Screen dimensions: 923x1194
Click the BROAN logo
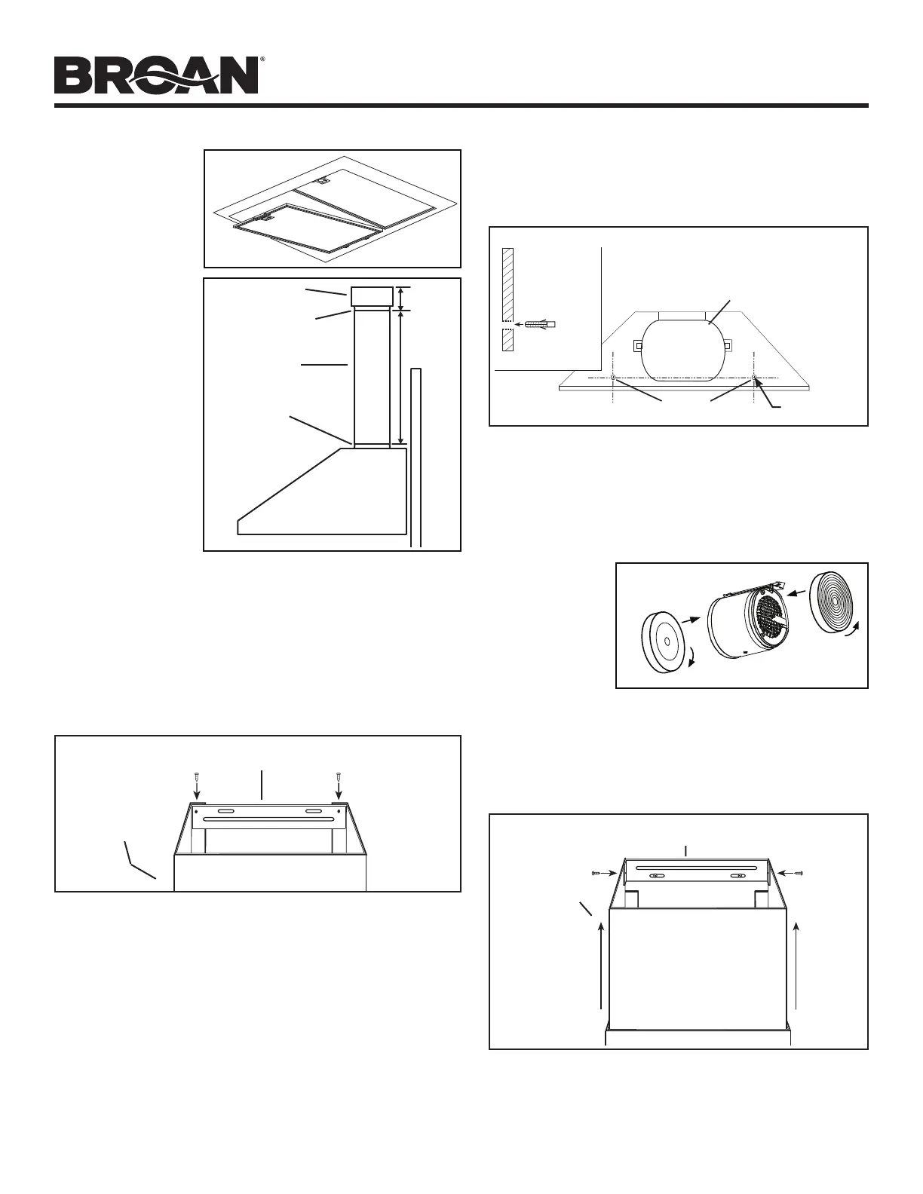coord(157,76)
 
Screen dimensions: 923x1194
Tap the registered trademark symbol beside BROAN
coord(262,58)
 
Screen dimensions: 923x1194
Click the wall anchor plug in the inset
coord(539,325)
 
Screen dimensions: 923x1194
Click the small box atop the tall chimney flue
coord(370,296)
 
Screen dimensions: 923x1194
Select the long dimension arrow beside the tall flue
coord(401,378)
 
